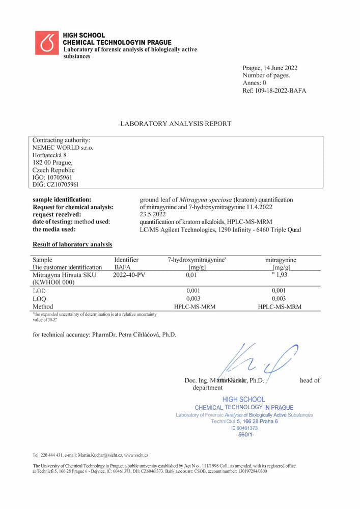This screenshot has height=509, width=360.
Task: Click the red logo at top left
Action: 47,43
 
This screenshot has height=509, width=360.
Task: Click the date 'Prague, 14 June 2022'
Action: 270,68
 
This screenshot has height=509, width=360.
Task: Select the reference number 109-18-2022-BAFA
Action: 281,91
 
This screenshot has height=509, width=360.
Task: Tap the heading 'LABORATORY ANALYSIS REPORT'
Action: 176,124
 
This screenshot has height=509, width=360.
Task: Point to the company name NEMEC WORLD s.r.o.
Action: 63,148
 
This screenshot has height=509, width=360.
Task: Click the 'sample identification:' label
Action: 62,200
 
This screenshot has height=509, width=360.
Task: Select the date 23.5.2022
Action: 153,215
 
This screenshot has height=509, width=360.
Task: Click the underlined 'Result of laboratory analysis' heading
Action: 72,245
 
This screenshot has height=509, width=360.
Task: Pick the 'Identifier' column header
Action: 126,260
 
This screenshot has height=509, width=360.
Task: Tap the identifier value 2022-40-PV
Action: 129,275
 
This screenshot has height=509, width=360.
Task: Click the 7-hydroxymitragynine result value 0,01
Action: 191,275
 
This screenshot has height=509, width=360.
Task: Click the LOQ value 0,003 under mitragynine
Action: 279,299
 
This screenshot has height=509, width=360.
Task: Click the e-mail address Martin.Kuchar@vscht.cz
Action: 97,455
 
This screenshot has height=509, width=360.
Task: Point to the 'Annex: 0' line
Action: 255,83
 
